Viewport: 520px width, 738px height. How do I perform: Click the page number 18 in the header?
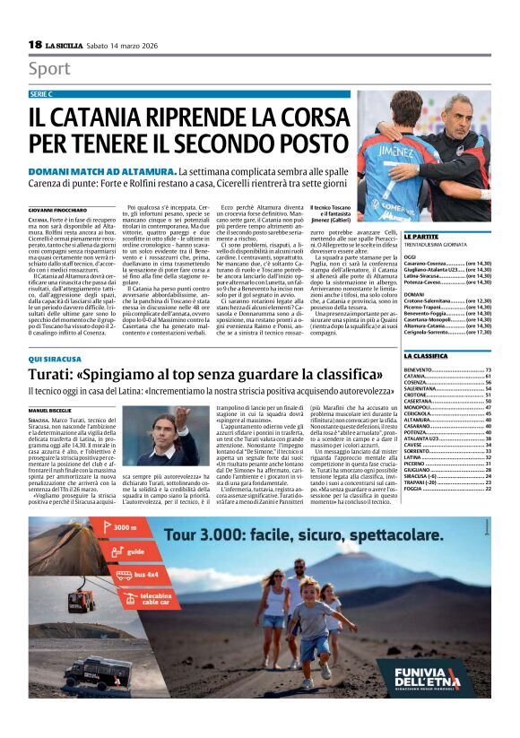coord(35,44)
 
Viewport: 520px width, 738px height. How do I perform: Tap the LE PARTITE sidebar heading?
coord(421,235)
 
